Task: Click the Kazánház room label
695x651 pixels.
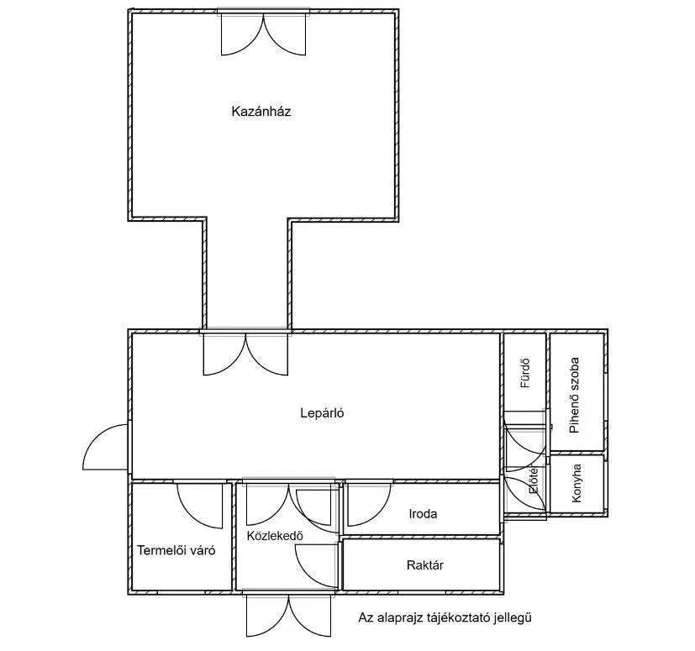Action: coord(261,111)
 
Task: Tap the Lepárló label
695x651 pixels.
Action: coord(323,412)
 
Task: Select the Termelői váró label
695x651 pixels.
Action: coord(176,551)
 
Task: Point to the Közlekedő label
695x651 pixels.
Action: coord(275,535)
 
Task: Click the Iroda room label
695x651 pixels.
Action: coord(423,514)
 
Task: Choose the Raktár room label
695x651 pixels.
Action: coord(424,565)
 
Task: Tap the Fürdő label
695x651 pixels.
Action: coord(524,370)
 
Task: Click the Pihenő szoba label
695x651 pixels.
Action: coord(575,394)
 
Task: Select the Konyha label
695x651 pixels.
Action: coord(577,483)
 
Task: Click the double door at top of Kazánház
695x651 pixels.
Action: coord(263,34)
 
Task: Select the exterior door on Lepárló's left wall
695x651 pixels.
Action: coord(106,447)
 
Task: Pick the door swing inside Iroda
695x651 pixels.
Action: coord(368,502)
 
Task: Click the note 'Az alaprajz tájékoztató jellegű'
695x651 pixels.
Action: coord(445,618)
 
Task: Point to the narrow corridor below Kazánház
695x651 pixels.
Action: coord(247,273)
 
